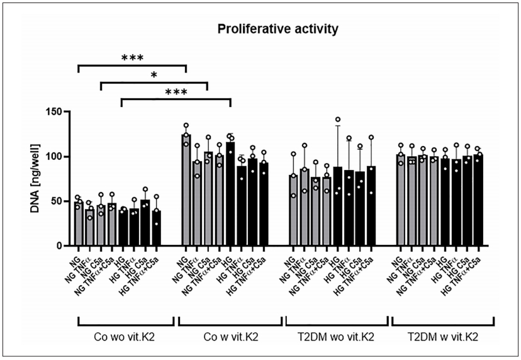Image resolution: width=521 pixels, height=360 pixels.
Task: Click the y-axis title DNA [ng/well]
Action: pyautogui.click(x=35, y=179)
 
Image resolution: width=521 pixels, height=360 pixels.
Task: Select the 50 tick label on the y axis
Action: pyautogui.click(x=61, y=201)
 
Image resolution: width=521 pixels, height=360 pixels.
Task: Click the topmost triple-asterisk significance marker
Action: pyautogui.click(x=132, y=59)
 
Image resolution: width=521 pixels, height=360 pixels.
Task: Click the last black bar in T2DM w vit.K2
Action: pyautogui.click(x=478, y=200)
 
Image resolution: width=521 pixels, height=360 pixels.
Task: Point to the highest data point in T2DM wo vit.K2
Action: pyautogui.click(x=337, y=120)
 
